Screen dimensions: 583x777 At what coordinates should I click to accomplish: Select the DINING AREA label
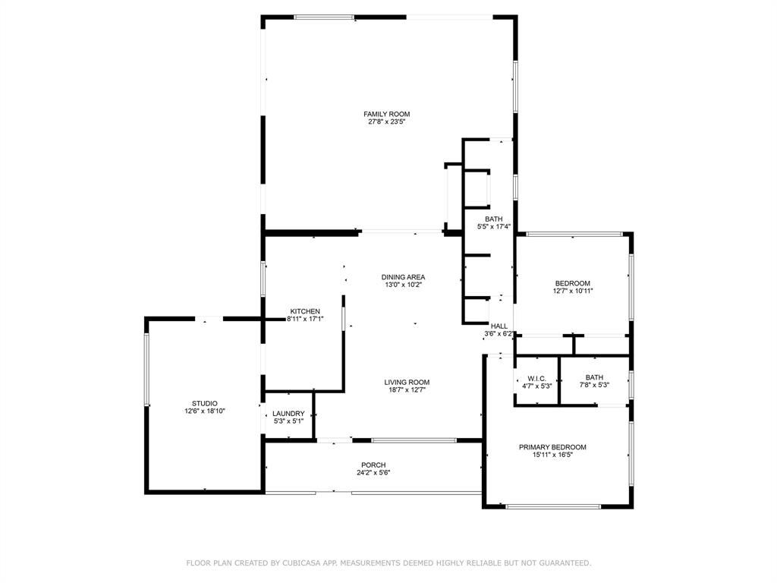coord(403,277)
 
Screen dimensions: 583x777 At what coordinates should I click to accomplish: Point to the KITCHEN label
coord(305,311)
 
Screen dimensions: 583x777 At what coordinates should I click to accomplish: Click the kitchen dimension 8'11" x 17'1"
coord(305,320)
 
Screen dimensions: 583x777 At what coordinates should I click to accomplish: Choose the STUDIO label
coord(204,403)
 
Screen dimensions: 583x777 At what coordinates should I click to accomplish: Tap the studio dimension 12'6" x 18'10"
coord(204,411)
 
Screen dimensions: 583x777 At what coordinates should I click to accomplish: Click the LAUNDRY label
coord(288,414)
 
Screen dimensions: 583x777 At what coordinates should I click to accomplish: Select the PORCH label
coord(373,465)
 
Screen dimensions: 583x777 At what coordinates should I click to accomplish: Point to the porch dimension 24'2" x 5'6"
coord(373,472)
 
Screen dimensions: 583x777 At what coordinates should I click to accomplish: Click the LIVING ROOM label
coord(407,382)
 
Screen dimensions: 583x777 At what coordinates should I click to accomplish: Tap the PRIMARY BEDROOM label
coord(552,447)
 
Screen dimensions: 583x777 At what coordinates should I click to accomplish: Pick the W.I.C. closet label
coord(536,378)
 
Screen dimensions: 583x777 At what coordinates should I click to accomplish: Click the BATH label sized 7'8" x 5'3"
coord(594,377)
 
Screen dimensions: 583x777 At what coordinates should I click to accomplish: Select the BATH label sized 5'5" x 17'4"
coord(493,219)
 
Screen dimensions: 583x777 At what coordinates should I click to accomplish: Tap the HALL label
coord(499,326)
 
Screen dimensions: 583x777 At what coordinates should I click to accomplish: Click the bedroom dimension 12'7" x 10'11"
coord(573,291)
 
